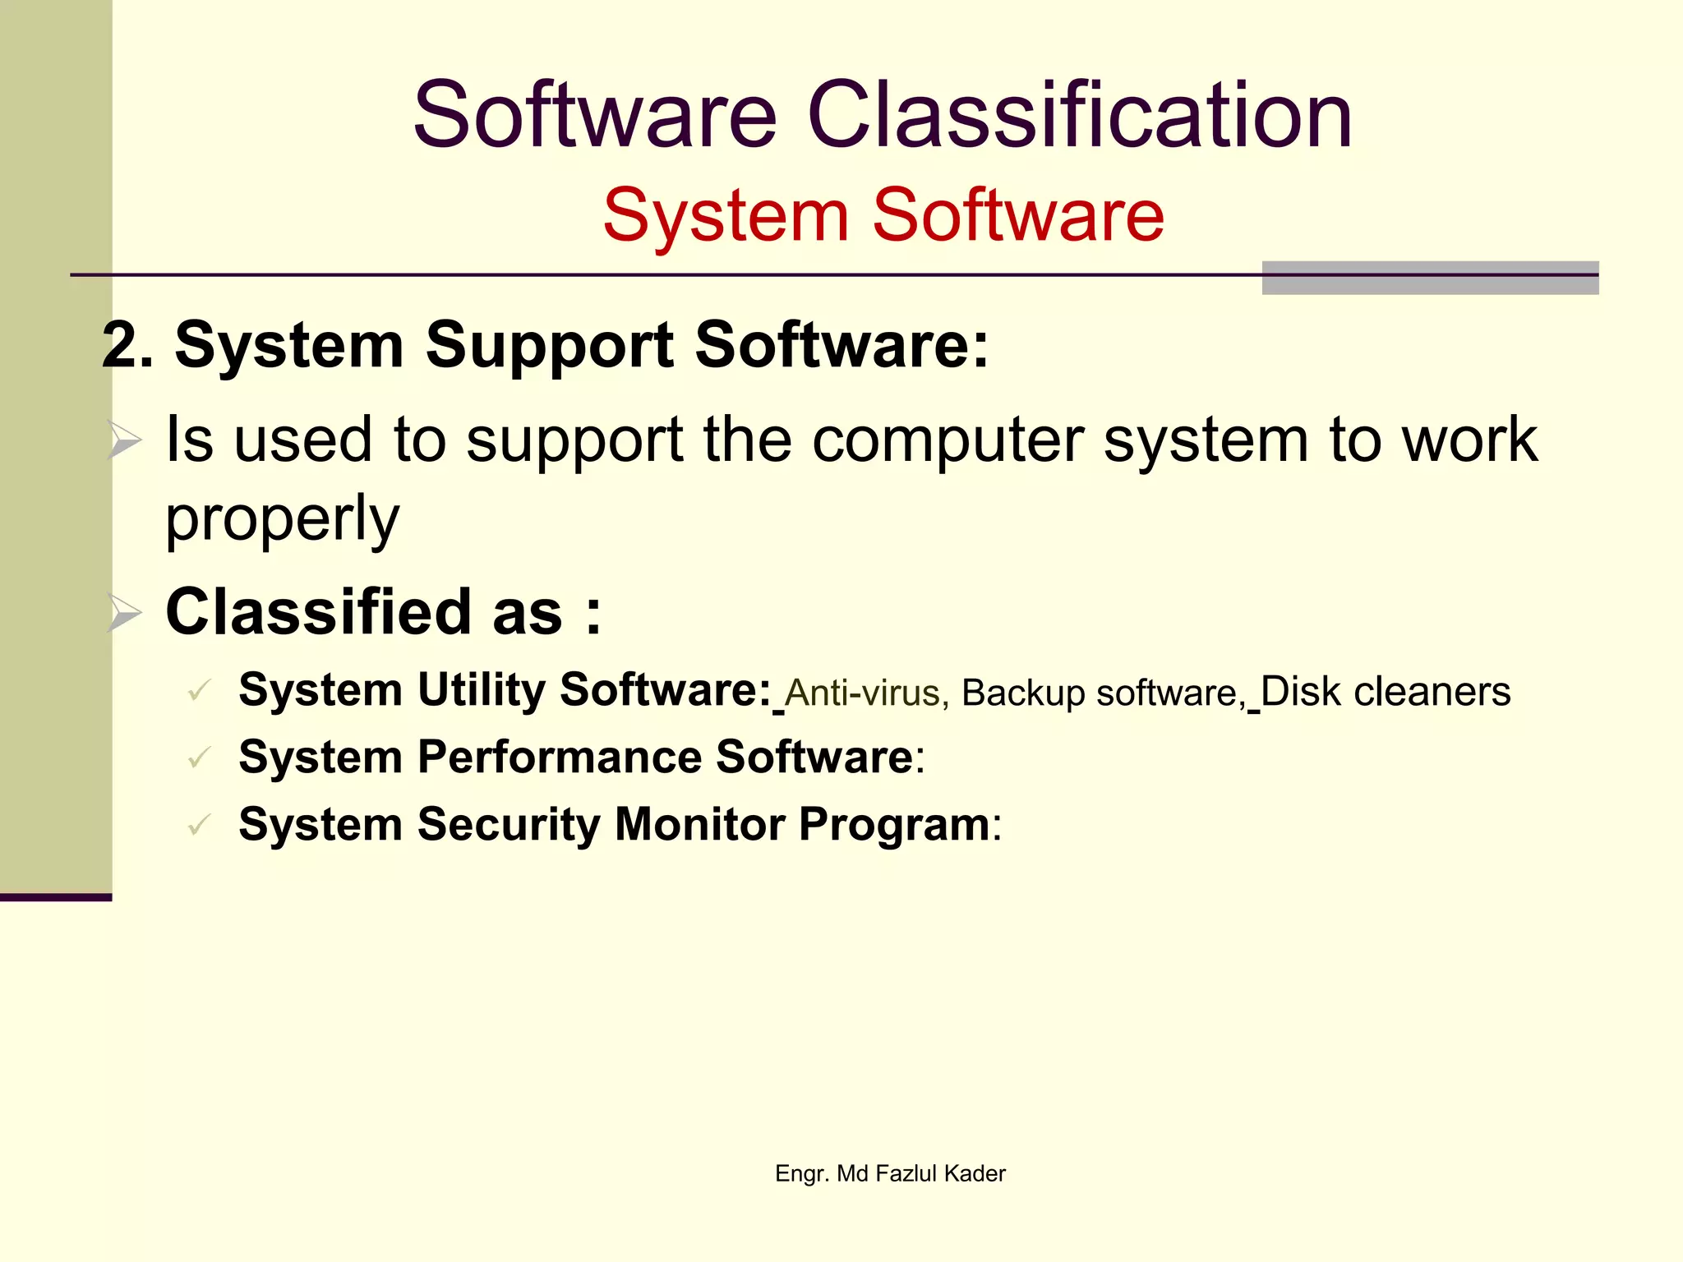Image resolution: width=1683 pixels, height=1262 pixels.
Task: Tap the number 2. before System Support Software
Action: (127, 346)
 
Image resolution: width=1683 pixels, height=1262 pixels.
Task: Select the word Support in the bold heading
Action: (550, 346)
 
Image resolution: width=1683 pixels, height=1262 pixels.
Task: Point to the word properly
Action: (282, 519)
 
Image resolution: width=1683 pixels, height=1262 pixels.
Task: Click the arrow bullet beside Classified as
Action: (125, 613)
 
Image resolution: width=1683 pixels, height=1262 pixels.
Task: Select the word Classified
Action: (321, 612)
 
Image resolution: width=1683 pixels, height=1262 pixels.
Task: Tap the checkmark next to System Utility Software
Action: (200, 690)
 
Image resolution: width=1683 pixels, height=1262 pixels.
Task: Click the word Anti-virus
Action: (862, 693)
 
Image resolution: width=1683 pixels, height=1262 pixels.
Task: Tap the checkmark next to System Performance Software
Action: (200, 758)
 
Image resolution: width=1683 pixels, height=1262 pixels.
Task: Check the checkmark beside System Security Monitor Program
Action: (200, 825)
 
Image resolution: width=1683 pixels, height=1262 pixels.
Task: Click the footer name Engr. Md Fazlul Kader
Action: (890, 1173)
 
